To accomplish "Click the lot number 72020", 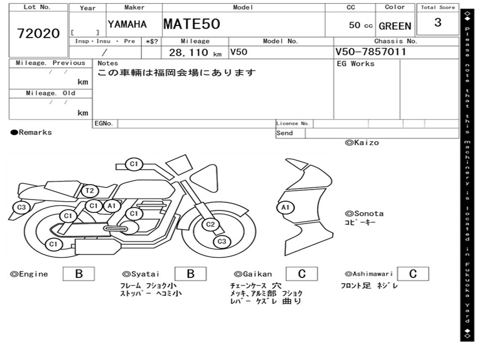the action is pyautogui.click(x=38, y=33).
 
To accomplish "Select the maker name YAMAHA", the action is pyautogui.click(x=127, y=24).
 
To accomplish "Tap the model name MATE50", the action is pyautogui.click(x=192, y=24).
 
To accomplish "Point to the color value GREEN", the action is pyautogui.click(x=395, y=26).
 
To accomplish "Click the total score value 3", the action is pyautogui.click(x=438, y=22).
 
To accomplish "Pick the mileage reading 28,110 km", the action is pyautogui.click(x=195, y=52).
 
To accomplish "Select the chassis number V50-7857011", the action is pyautogui.click(x=370, y=52).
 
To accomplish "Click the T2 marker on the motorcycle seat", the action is pyautogui.click(x=90, y=191).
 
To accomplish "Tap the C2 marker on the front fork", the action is pyautogui.click(x=210, y=225).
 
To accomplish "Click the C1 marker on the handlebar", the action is pyautogui.click(x=134, y=164).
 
